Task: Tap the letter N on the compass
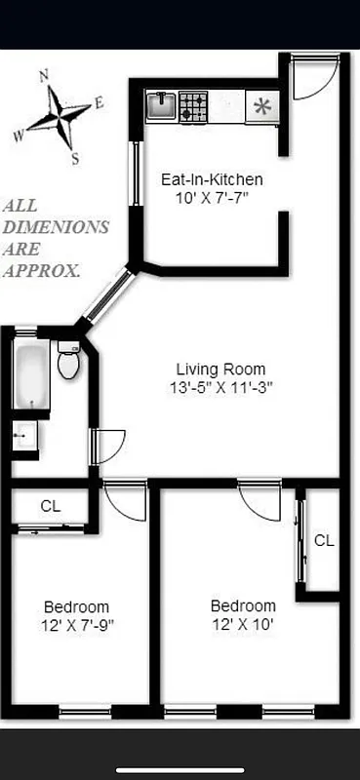[x=44, y=74]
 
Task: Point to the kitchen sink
[x=160, y=104]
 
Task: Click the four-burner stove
[x=193, y=105]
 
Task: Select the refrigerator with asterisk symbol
[x=261, y=106]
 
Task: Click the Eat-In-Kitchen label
[x=212, y=179]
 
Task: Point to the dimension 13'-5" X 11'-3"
[x=220, y=387]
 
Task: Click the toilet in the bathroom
[x=68, y=362]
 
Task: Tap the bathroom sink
[x=24, y=436]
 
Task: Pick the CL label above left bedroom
[x=51, y=506]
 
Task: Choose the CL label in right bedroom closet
[x=324, y=539]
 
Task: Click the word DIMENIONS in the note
[x=55, y=227]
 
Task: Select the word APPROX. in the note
[x=41, y=270]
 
